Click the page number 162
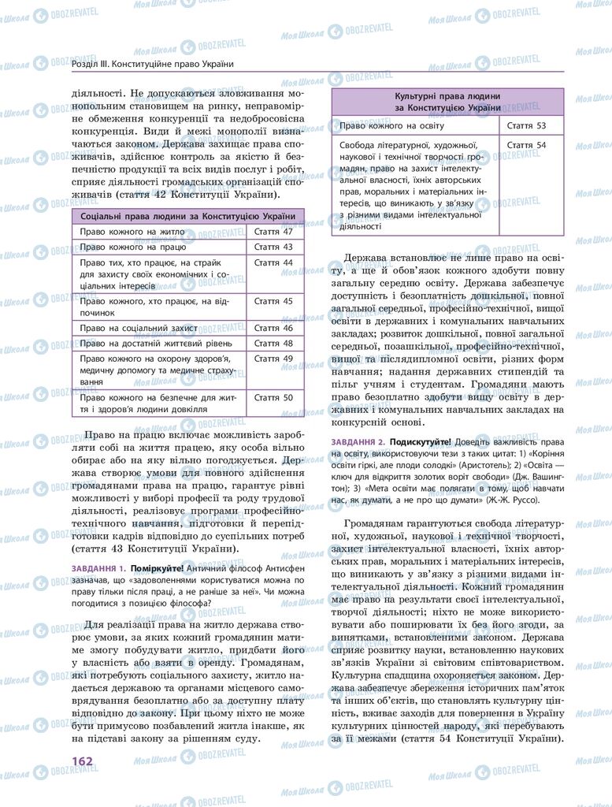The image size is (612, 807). point(82,760)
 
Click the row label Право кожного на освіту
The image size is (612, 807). point(391,125)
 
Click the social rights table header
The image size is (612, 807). point(188,216)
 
